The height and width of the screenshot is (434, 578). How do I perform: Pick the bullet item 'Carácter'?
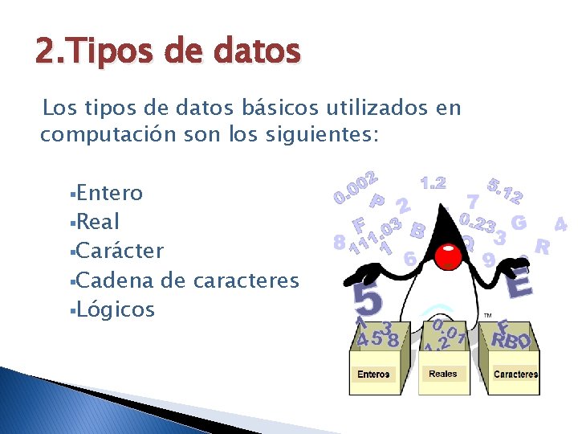(x=120, y=251)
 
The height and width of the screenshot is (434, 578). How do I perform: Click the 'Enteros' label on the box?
(x=373, y=374)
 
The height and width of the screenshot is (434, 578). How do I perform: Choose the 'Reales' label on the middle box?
(x=443, y=374)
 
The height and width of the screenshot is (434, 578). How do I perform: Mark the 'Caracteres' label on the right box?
(x=515, y=374)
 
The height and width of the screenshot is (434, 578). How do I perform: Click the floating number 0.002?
(x=356, y=184)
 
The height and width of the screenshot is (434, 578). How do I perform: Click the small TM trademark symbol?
(x=487, y=316)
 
